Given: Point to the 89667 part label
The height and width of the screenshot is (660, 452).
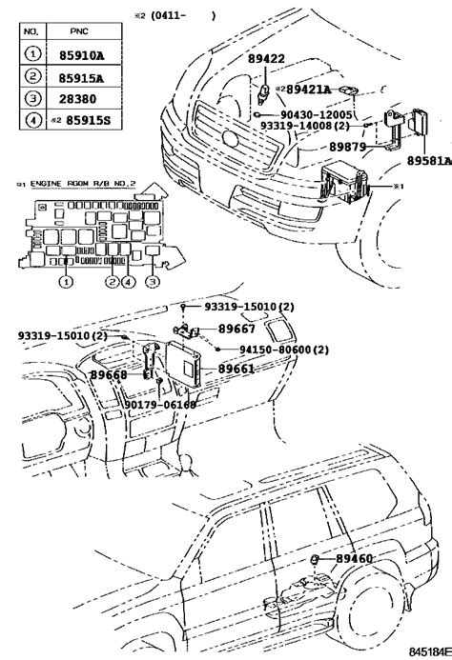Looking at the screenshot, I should (x=236, y=329).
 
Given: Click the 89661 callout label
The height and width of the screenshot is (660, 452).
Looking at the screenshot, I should (x=236, y=369).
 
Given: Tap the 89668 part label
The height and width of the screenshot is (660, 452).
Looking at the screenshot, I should (x=110, y=374).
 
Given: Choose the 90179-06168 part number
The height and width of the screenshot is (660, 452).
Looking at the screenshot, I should (x=160, y=404).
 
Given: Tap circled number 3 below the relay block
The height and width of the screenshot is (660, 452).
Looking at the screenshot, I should (x=151, y=282).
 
